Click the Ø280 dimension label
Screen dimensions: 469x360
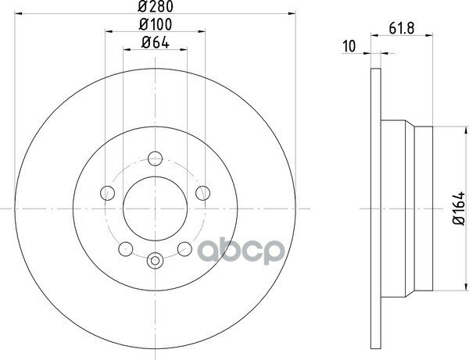156,6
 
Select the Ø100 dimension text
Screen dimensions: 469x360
156,24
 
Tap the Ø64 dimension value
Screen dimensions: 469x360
156,43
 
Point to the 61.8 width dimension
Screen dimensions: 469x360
402,28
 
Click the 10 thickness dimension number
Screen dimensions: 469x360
349,47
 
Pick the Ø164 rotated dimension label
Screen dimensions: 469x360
459,209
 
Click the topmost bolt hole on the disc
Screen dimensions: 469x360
156,159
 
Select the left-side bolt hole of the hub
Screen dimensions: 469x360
107,193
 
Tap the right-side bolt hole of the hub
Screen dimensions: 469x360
202,193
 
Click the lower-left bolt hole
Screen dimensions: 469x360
126,249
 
